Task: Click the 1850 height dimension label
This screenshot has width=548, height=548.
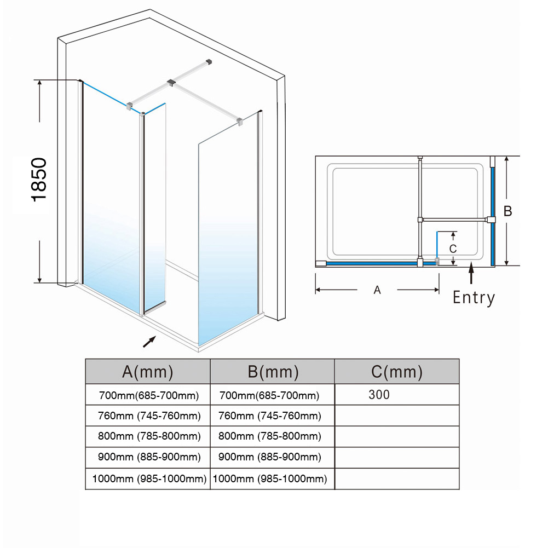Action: click(x=40, y=180)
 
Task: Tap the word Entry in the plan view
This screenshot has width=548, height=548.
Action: click(x=474, y=297)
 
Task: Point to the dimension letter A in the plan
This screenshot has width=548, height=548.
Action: click(x=377, y=290)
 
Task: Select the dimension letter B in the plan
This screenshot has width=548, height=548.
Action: click(x=507, y=211)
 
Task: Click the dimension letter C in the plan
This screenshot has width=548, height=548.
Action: click(x=453, y=248)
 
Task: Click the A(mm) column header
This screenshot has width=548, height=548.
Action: click(x=147, y=372)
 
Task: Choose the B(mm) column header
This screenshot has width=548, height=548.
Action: click(x=273, y=372)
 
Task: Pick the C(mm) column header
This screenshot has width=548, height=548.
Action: click(x=397, y=372)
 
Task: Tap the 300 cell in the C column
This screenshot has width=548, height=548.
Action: click(x=379, y=395)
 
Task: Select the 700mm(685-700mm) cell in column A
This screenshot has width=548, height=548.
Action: click(x=148, y=395)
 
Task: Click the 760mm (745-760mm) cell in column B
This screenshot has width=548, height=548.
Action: click(x=269, y=416)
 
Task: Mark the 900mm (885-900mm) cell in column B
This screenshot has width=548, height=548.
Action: click(x=269, y=457)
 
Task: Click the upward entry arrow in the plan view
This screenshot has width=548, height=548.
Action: click(x=471, y=274)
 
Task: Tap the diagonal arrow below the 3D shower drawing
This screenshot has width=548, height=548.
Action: click(x=149, y=341)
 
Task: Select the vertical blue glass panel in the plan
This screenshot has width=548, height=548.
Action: click(x=493, y=214)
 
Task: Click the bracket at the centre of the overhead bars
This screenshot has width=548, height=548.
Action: click(x=171, y=83)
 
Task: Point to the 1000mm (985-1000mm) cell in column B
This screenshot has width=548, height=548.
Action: click(x=269, y=479)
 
